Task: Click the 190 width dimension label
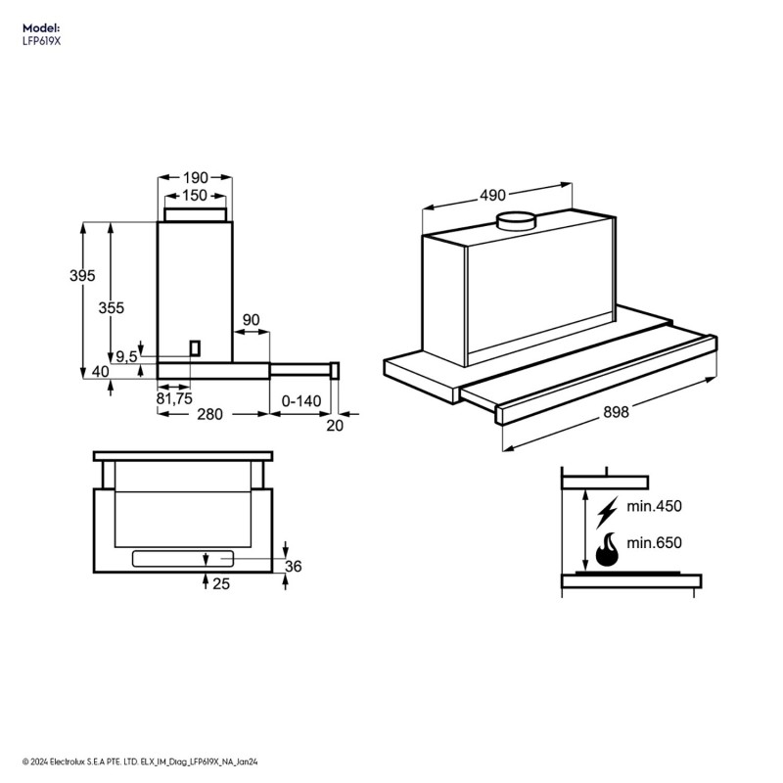tap(196, 178)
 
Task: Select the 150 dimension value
tap(196, 196)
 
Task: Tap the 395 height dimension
tap(82, 276)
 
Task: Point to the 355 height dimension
tap(112, 307)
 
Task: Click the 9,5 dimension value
tap(126, 356)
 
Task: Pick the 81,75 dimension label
tap(173, 398)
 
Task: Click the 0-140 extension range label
tap(301, 401)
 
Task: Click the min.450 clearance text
tap(654, 506)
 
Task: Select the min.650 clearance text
tap(654, 543)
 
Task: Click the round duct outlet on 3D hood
tap(516, 220)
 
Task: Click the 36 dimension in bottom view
tap(294, 566)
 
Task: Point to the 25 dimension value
tap(220, 583)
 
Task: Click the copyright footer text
tap(136, 760)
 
